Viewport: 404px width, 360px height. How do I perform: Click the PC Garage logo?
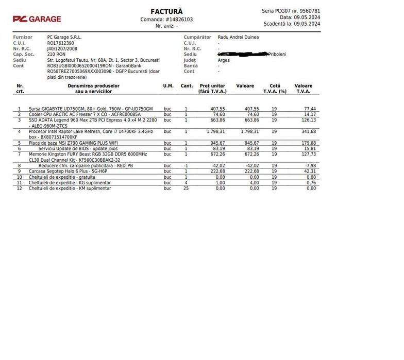(x=37, y=19)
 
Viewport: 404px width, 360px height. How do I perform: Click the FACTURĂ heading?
(x=166, y=11)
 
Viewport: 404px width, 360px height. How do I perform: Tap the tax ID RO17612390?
(x=61, y=43)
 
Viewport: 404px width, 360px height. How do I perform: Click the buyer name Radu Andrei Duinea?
(x=238, y=37)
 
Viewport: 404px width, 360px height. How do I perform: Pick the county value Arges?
(x=224, y=60)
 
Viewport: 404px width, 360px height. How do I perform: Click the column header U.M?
(x=168, y=86)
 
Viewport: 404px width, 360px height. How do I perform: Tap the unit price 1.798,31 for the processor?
(x=212, y=131)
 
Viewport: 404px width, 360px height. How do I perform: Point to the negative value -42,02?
(x=251, y=165)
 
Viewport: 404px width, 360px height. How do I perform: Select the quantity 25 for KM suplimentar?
(x=186, y=188)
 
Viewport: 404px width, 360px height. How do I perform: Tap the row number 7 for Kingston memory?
(x=20, y=154)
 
